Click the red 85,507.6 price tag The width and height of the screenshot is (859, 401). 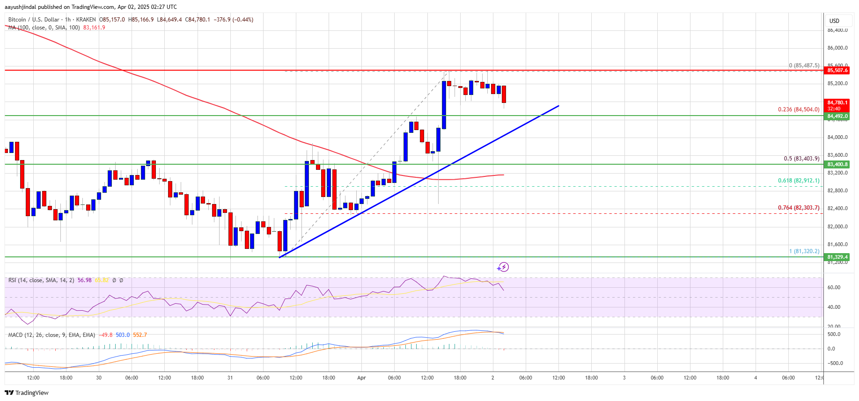click(x=837, y=70)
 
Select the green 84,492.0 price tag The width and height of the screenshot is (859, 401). click(x=837, y=116)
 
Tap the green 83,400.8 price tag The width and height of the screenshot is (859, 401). click(x=837, y=164)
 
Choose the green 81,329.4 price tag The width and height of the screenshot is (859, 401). click(x=837, y=257)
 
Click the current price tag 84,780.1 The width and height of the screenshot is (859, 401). click(x=837, y=102)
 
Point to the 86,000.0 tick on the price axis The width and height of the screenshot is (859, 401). click(x=837, y=48)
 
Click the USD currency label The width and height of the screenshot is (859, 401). click(x=834, y=21)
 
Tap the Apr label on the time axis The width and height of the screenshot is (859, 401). click(x=361, y=378)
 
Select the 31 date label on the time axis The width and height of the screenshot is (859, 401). click(x=230, y=378)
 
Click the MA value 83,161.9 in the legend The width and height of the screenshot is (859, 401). click(x=94, y=28)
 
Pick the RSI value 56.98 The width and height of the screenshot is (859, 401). click(x=85, y=280)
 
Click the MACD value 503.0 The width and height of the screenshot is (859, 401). click(x=123, y=335)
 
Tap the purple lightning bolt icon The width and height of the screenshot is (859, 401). click(x=503, y=267)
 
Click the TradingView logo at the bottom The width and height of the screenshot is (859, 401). click(x=27, y=393)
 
